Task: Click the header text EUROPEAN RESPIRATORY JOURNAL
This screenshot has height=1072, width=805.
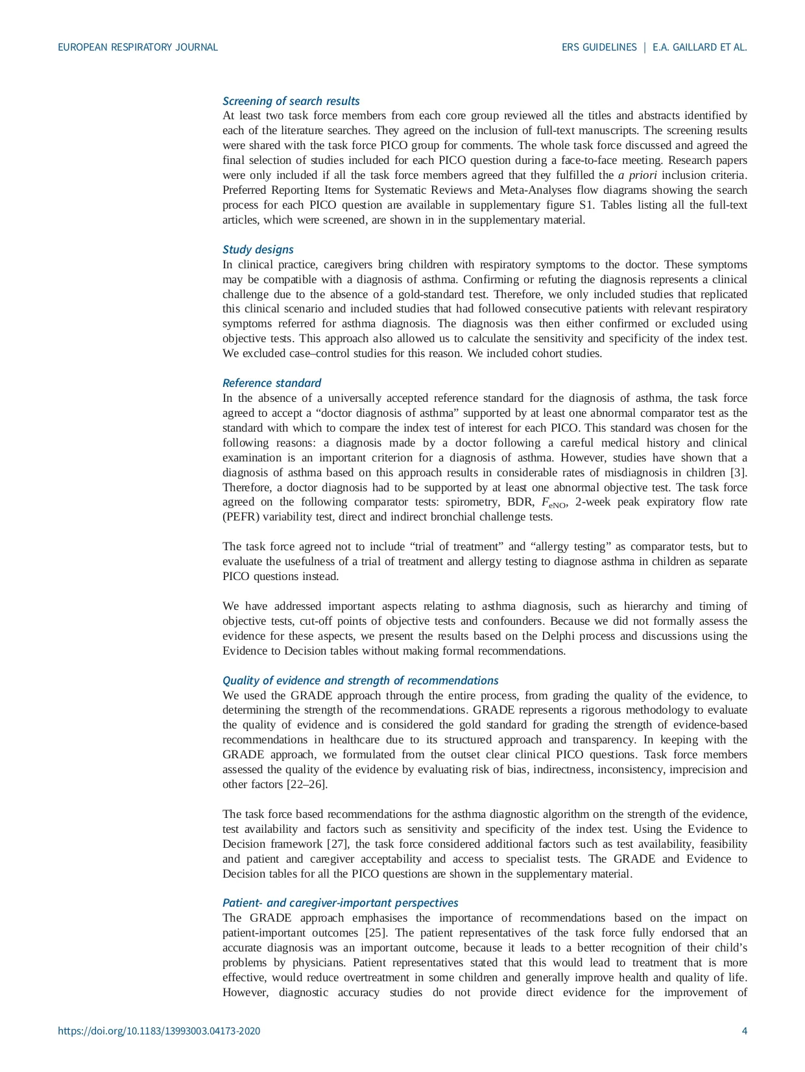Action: tap(138, 47)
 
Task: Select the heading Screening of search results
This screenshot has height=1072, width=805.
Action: tap(291, 101)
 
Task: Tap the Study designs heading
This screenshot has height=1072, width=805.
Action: tap(258, 250)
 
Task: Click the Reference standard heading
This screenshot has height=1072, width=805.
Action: tap(271, 383)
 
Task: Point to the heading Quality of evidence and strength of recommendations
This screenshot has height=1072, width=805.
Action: tap(360, 681)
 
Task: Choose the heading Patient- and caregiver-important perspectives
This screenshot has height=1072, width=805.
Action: tap(340, 903)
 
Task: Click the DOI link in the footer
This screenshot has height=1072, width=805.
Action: tap(159, 1031)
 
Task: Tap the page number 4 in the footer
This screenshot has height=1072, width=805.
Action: tap(744, 1031)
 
